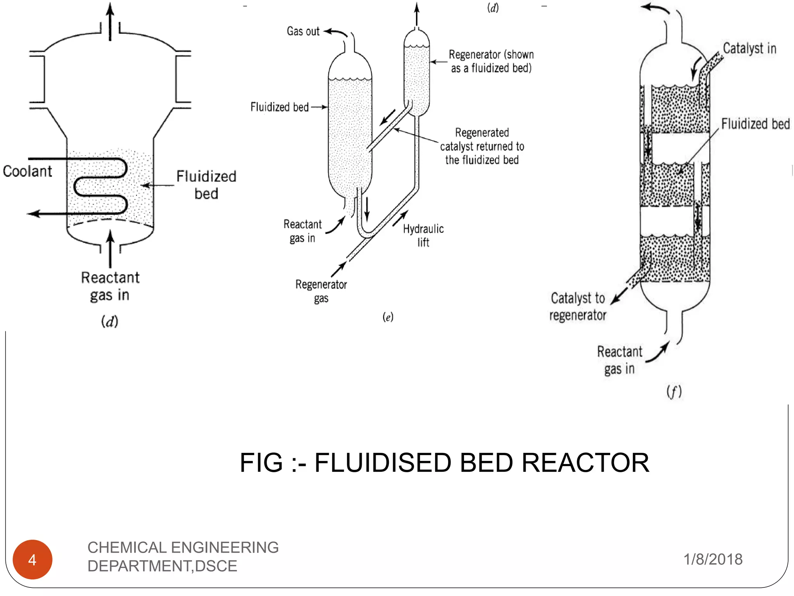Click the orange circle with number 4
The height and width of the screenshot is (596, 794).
click(x=33, y=559)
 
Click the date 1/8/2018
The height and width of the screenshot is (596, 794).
click(x=713, y=559)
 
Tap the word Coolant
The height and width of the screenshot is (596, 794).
click(x=27, y=171)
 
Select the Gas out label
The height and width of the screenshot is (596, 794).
click(x=303, y=31)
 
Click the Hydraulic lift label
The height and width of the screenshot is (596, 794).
click(x=423, y=235)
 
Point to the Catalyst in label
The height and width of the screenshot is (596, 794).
click(x=749, y=49)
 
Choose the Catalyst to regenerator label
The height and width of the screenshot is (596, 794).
click(x=578, y=306)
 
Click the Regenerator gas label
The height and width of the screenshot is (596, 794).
click(x=321, y=291)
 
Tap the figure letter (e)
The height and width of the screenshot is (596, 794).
click(x=388, y=317)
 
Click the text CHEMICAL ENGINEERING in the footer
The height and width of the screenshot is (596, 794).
click(x=183, y=547)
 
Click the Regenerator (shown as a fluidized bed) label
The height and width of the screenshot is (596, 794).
click(x=491, y=61)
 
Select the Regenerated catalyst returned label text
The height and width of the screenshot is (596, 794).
click(x=482, y=146)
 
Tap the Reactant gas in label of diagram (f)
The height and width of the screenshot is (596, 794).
click(x=619, y=360)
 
